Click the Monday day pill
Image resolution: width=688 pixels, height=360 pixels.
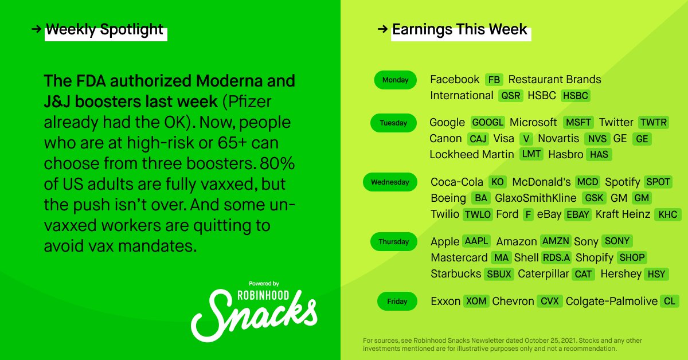coord(395,80)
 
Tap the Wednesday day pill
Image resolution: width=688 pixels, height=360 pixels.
coord(390,182)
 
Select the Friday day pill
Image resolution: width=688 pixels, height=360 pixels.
coord(397,301)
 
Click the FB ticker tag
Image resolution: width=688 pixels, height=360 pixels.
coord(494,80)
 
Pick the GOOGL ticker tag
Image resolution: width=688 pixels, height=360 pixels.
coord(487,122)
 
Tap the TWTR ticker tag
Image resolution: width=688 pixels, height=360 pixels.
coord(653,122)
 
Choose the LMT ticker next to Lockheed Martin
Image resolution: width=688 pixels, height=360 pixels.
coord(531,154)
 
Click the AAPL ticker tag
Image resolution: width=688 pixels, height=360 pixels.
coord(476,241)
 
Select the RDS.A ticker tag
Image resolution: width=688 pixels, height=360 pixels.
coord(556,257)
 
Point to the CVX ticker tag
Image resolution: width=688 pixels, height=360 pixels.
coord(550,301)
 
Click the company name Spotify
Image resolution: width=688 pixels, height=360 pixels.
coord(622,182)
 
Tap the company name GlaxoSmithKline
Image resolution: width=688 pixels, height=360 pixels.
coord(535,198)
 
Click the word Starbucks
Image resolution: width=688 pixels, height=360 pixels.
coord(456,273)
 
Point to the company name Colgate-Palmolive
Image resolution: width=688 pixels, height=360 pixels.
coord(612,301)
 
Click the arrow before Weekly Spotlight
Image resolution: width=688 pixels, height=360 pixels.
coord(36,29)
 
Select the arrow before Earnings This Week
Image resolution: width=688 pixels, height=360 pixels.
coord(383,29)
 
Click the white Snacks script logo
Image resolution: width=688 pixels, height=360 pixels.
coord(255,315)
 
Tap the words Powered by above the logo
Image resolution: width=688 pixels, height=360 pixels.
coord(264,284)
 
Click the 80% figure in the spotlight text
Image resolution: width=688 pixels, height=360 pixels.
coord(277,163)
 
